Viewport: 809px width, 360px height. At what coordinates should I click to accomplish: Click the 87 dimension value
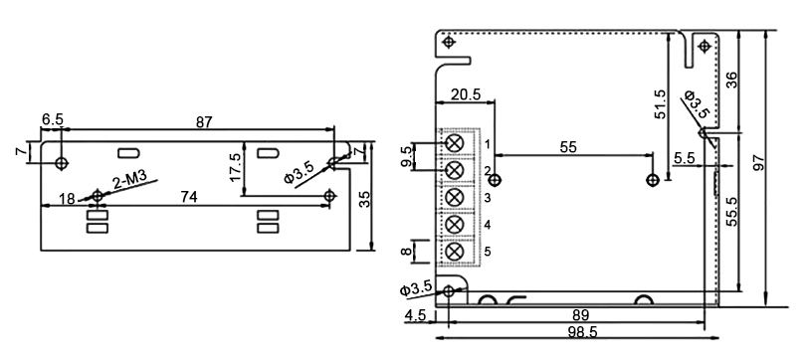[203, 121]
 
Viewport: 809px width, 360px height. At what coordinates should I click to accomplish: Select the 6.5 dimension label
[52, 119]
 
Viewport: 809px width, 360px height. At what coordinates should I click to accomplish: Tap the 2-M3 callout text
[130, 180]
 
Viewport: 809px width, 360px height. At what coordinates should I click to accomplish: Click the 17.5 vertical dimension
[235, 168]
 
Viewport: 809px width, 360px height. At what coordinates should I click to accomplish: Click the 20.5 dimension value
[465, 94]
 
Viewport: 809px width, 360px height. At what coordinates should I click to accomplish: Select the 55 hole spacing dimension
[568, 146]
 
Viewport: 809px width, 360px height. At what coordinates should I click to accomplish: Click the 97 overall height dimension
[760, 163]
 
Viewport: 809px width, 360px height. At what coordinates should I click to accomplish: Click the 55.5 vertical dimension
[731, 213]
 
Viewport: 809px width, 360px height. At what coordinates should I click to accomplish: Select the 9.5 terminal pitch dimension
[405, 157]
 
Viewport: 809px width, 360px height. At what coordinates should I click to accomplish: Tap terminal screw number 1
[455, 143]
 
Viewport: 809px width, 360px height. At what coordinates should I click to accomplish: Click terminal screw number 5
[455, 252]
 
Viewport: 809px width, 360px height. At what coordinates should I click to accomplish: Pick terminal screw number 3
[455, 198]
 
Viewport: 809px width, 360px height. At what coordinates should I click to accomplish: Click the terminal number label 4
[487, 225]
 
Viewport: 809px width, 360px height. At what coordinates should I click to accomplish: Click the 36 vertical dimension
[731, 80]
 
